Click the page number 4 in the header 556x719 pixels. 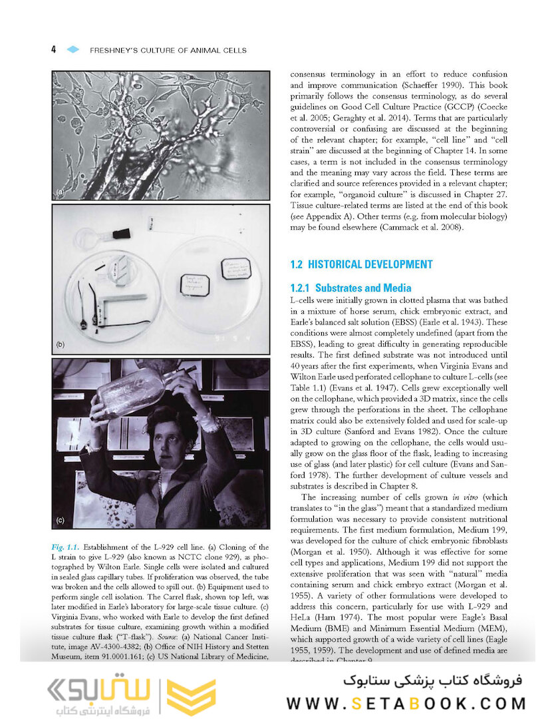[53, 50]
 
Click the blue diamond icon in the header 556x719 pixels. [73, 50]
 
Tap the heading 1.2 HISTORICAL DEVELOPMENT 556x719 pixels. [361, 264]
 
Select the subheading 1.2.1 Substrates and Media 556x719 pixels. [350, 288]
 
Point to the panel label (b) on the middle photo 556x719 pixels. [60, 346]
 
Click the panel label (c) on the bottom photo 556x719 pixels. [61, 520]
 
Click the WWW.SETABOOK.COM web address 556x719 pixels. [406, 703]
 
